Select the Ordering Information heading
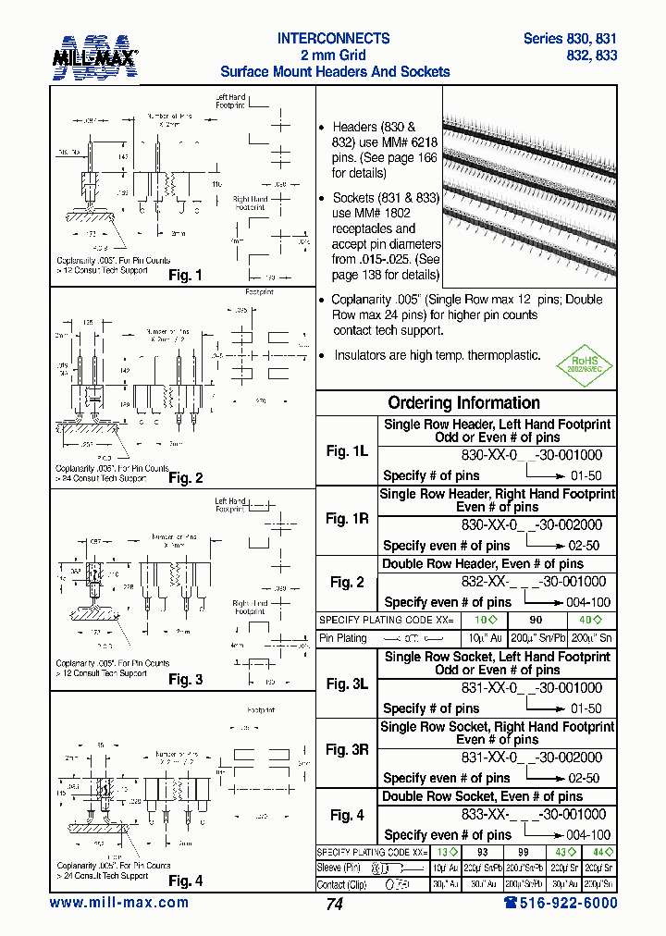(463, 403)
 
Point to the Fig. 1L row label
(347, 451)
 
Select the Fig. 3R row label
(347, 750)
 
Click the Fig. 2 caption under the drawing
(185, 478)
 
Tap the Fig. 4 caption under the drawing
(185, 881)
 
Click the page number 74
(334, 905)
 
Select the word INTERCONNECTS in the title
(334, 39)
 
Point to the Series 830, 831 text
(570, 39)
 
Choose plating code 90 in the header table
(535, 620)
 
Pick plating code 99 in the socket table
(523, 852)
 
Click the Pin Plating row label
(343, 638)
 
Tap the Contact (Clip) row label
(343, 884)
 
